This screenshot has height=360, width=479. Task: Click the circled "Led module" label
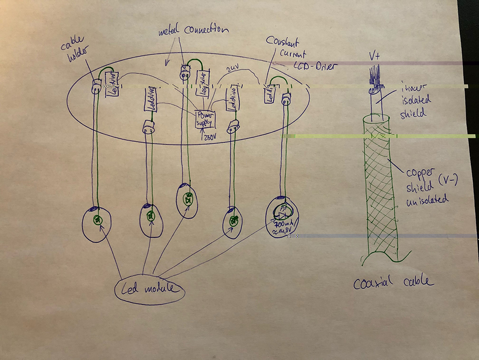pos(149,289)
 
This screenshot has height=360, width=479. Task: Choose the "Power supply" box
pos(205,118)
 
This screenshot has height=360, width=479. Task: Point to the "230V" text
pos(210,137)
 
